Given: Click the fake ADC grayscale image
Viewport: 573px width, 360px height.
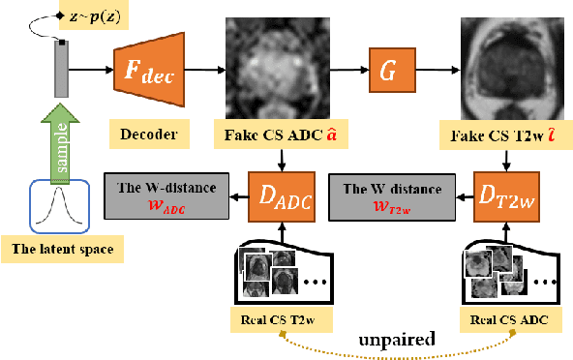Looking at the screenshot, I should tap(281, 70).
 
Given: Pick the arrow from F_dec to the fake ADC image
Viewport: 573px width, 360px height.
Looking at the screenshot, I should tap(205, 70).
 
